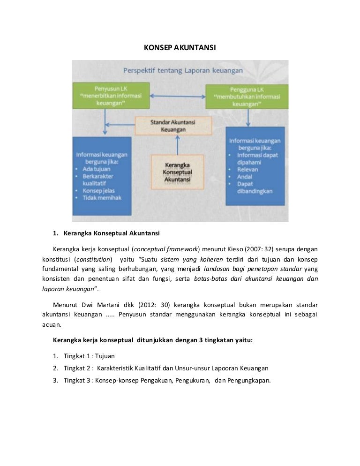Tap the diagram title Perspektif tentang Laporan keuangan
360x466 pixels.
pos(183,71)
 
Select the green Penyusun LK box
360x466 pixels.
pos(111,96)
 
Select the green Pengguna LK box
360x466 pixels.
pos(247,97)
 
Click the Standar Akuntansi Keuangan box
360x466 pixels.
pos(173,126)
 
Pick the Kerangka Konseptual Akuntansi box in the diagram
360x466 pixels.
pos(178,173)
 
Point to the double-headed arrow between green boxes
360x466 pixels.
pos(178,97)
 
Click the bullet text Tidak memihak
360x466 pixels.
pos(102,198)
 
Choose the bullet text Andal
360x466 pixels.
pos(244,177)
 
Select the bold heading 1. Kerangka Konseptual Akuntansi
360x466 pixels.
pos(107,233)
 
